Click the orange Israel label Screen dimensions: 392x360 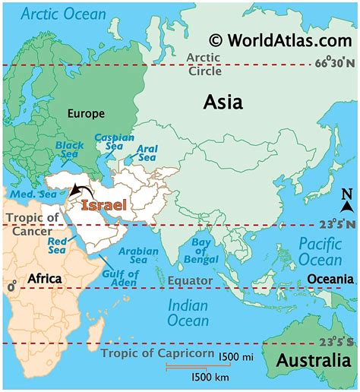pyautogui.click(x=103, y=206)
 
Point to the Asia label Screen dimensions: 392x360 pyautogui.click(x=223, y=102)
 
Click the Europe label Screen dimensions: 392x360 pyautogui.click(x=86, y=114)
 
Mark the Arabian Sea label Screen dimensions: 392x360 pyautogui.click(x=140, y=256)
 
